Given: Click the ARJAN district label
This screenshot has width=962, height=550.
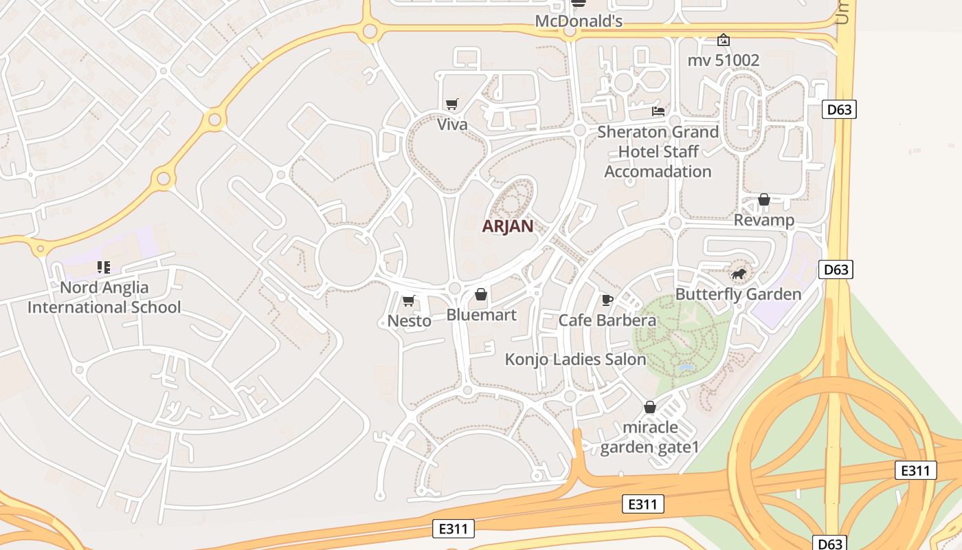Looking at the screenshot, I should (x=508, y=226).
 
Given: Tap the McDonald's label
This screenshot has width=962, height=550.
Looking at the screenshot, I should (x=579, y=21).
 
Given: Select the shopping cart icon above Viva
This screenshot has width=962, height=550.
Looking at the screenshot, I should (x=451, y=104).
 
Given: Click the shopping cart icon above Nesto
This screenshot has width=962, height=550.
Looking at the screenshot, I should (x=409, y=300).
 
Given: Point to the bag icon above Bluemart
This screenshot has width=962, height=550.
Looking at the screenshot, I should (x=481, y=294).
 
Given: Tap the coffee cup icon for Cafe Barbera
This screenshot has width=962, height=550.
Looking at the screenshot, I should (x=607, y=299).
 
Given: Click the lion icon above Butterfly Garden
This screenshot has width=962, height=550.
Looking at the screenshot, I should (x=739, y=275).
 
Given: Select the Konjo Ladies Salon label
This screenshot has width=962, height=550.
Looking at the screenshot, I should (x=575, y=360).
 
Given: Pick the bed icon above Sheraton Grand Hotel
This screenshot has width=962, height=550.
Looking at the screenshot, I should (x=658, y=111).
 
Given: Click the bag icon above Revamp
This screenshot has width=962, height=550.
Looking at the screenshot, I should (x=763, y=199).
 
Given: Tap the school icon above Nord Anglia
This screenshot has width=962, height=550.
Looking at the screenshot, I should (x=104, y=267).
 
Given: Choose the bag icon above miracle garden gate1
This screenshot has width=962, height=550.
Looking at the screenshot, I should (x=649, y=407).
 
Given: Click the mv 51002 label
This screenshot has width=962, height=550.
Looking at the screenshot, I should (x=724, y=60).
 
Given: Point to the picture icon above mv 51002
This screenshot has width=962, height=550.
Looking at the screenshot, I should (x=723, y=40).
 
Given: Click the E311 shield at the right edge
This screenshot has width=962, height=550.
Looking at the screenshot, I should (x=916, y=470).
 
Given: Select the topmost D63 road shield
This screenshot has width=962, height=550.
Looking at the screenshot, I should (x=839, y=109).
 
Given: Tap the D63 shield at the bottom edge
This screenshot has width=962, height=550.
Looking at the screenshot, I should (x=830, y=544).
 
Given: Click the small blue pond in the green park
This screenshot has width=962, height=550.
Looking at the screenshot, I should (x=685, y=368).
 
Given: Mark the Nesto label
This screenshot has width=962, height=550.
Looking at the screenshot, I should (x=409, y=321).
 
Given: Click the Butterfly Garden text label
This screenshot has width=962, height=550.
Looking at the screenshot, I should (x=738, y=294).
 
